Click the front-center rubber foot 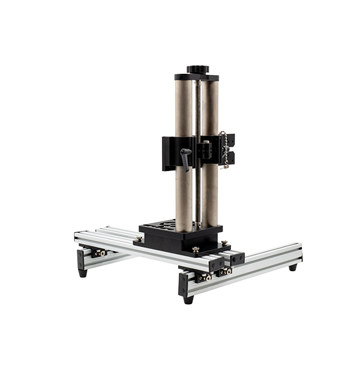(x=188, y=297)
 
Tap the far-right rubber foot (x=292, y=268)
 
